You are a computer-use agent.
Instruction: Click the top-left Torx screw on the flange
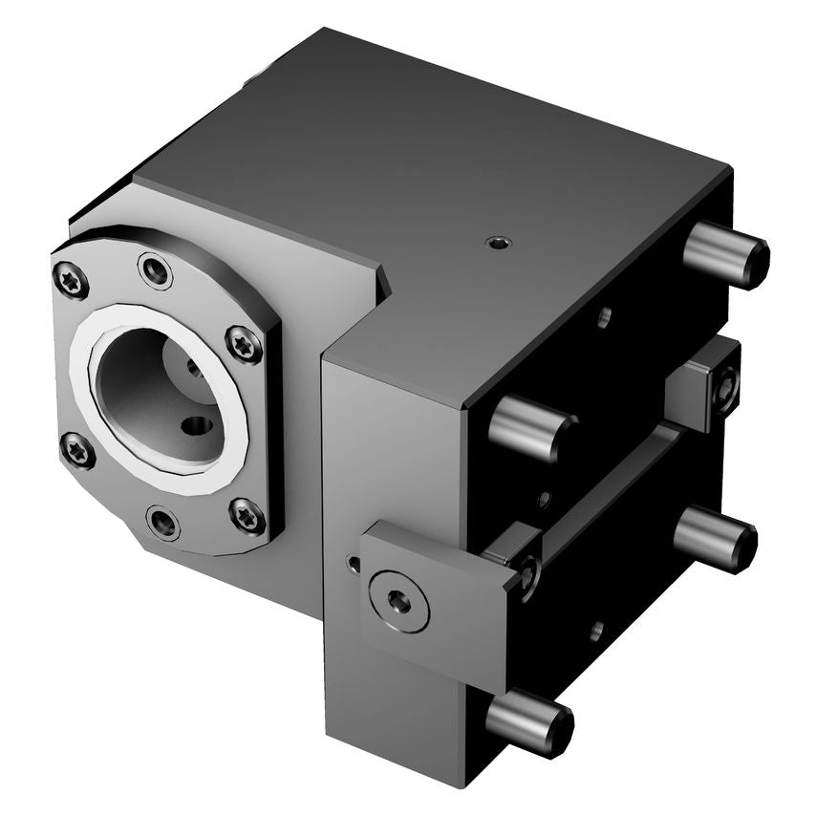(72, 279)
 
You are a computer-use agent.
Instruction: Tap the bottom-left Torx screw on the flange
(77, 450)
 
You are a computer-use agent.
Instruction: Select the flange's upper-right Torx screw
(244, 344)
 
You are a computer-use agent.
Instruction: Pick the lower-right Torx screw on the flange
(247, 516)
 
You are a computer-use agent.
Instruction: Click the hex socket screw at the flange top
(155, 270)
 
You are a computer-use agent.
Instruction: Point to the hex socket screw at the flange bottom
(164, 523)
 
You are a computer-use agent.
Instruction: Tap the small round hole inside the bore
(199, 426)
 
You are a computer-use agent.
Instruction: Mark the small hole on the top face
(497, 244)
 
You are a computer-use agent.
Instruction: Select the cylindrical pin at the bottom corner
(529, 723)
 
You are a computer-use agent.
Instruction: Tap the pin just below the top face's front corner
(531, 427)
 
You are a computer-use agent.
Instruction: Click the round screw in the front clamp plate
(398, 601)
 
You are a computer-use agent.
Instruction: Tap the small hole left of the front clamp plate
(354, 565)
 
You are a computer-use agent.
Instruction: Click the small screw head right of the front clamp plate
(526, 572)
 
